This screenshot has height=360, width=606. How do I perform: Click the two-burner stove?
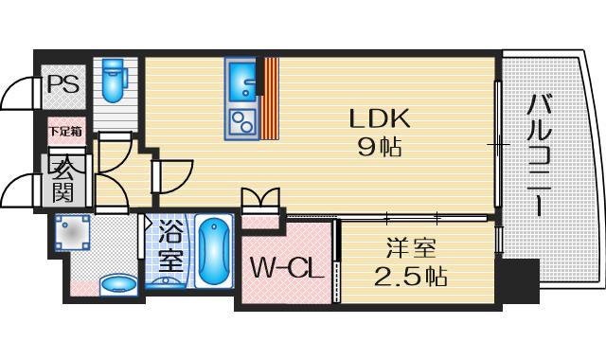[x=241, y=121]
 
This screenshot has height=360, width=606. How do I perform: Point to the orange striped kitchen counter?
[x=272, y=99]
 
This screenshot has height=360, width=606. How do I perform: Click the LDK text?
[x=379, y=118]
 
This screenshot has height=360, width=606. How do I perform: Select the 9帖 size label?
[x=379, y=147]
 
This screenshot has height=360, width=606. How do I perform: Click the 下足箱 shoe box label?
[x=64, y=131]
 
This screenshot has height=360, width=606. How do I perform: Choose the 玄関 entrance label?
[x=64, y=182]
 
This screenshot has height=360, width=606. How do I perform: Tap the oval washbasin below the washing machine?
[x=117, y=283]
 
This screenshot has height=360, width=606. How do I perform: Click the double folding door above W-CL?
[x=261, y=202]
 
